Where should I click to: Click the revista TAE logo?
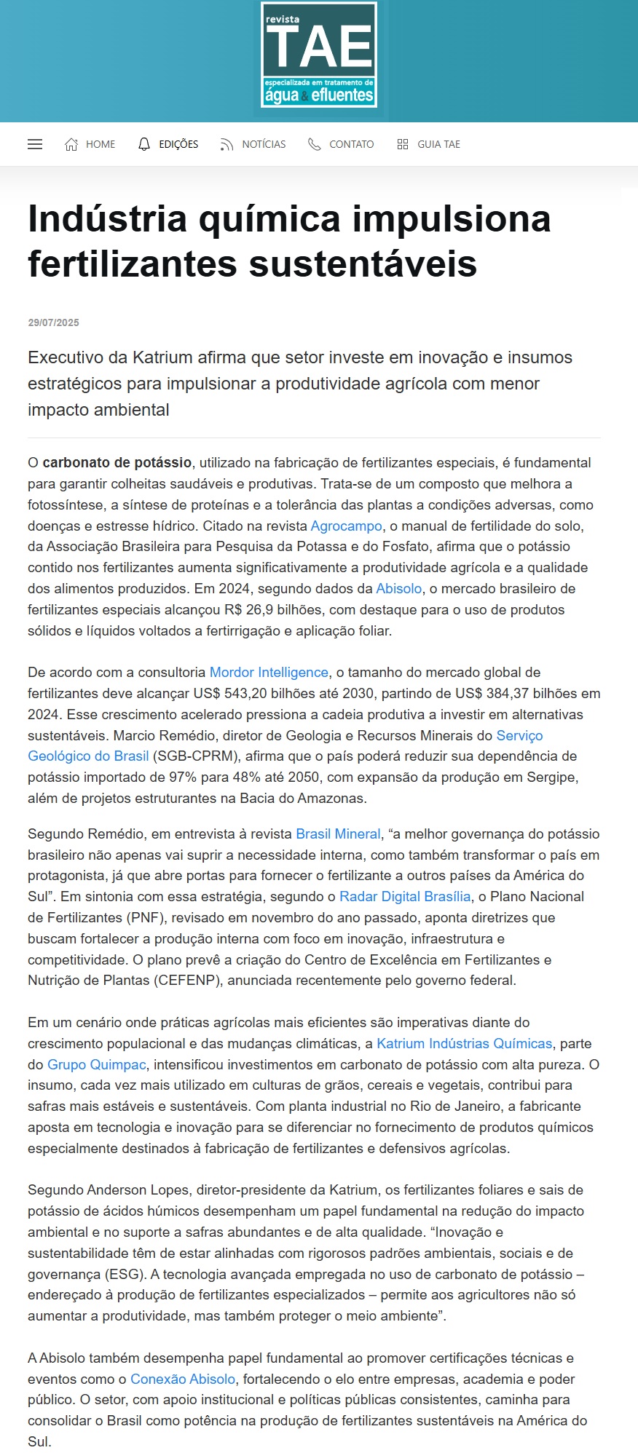pos(319,55)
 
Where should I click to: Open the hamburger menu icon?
pos(35,144)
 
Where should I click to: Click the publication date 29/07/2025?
pos(53,322)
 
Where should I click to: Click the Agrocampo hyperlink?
pos(346,526)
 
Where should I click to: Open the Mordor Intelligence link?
pos(269,672)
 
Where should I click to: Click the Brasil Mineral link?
pos(338,834)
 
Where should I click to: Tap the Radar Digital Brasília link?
pos(405,896)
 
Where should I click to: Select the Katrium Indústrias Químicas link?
pos(464,1043)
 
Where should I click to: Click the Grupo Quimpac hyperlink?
pos(97,1064)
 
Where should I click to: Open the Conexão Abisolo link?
pos(183,1379)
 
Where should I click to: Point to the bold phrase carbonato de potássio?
pos(117,462)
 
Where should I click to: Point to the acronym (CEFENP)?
pos(186,980)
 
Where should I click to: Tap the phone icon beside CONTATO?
pos(314,144)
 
